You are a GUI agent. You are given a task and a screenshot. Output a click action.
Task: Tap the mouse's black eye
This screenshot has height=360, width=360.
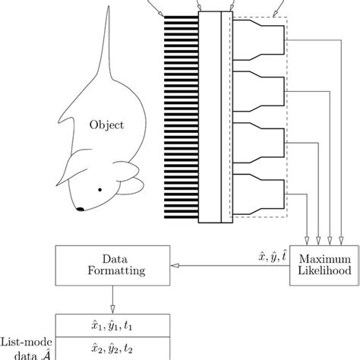tap(100, 189)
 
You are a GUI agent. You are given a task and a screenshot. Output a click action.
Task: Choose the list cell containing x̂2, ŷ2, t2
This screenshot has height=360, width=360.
tap(113, 349)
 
